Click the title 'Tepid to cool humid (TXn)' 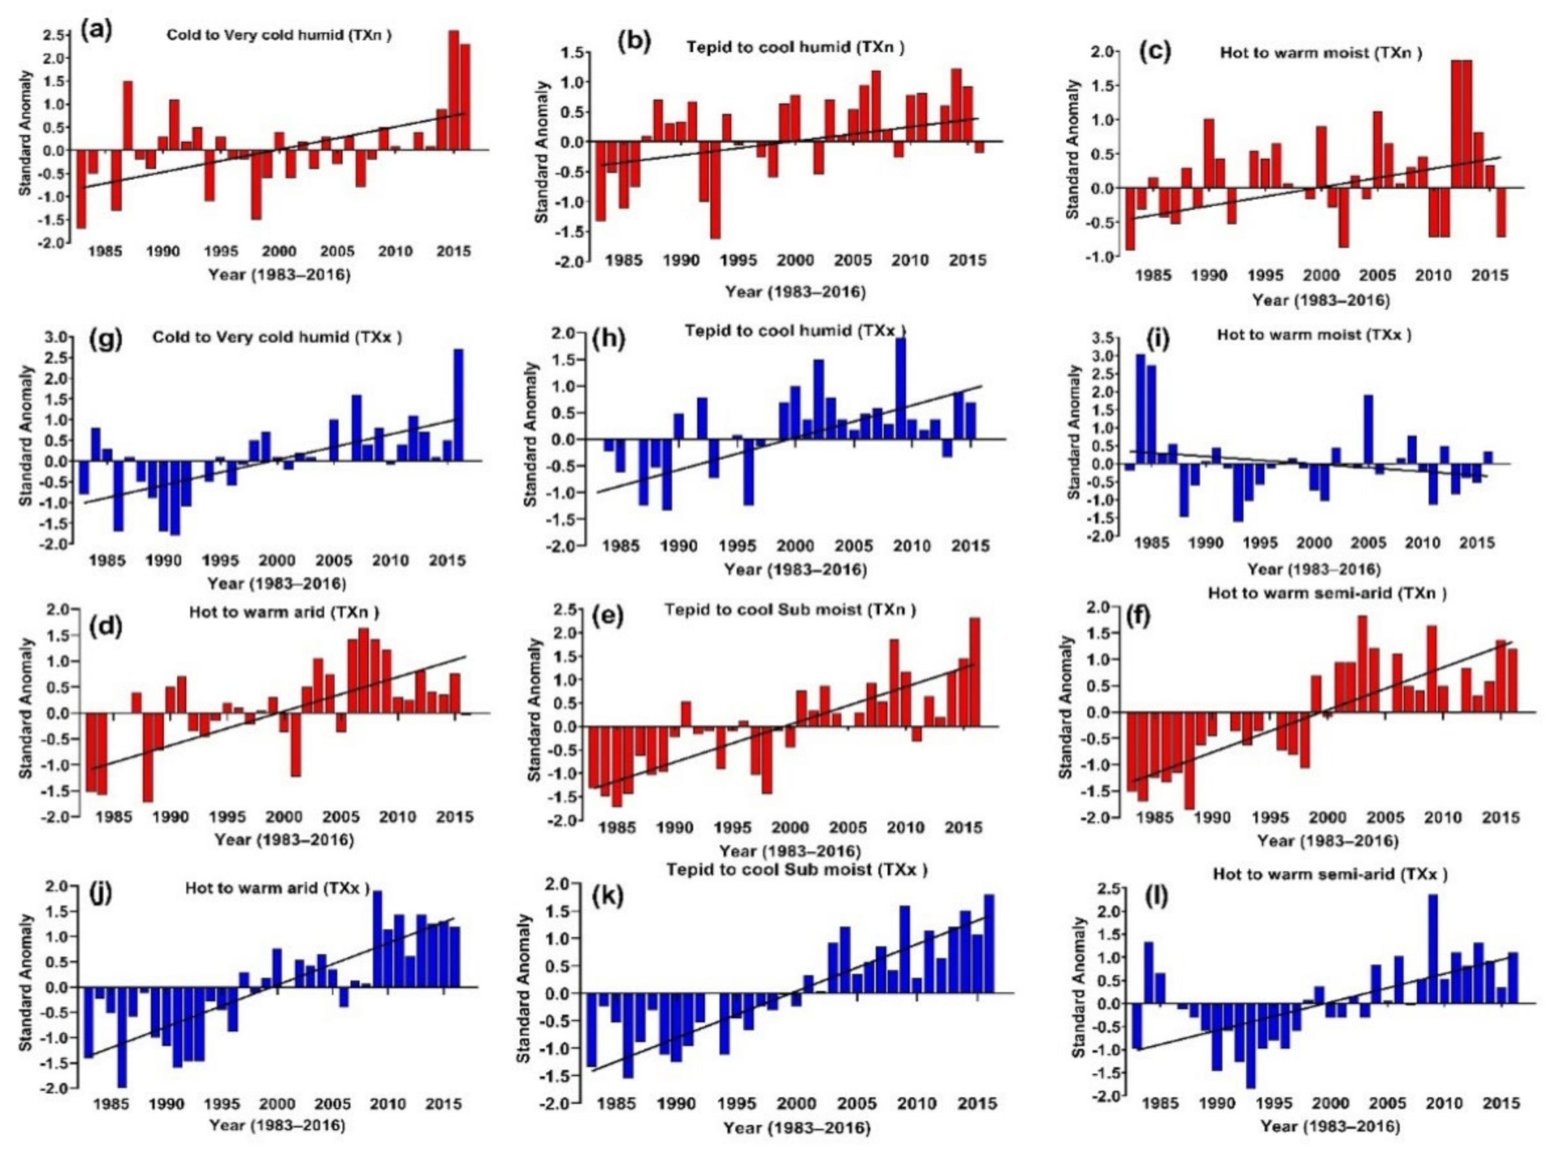point(795,47)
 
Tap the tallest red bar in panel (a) point(454,90)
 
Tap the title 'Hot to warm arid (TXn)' point(285,613)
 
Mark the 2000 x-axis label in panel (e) point(789,828)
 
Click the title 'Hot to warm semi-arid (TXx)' point(1330,873)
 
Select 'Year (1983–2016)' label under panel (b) point(795,292)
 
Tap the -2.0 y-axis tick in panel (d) point(56,816)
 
